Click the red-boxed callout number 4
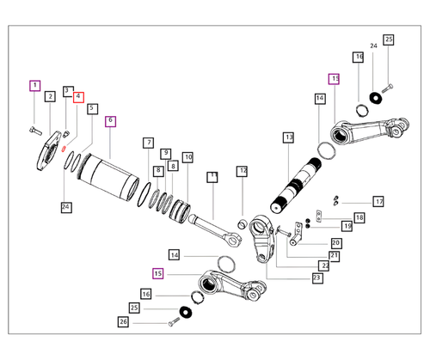pos(78,97)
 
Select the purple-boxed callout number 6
pos(110,121)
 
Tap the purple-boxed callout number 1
pos(35,86)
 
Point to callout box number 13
pos(289,137)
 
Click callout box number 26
pos(123,321)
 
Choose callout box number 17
pos(378,202)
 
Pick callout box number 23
pos(316,278)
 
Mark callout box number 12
pos(243,171)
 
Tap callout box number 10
pos(187,157)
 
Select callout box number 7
pos(149,143)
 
